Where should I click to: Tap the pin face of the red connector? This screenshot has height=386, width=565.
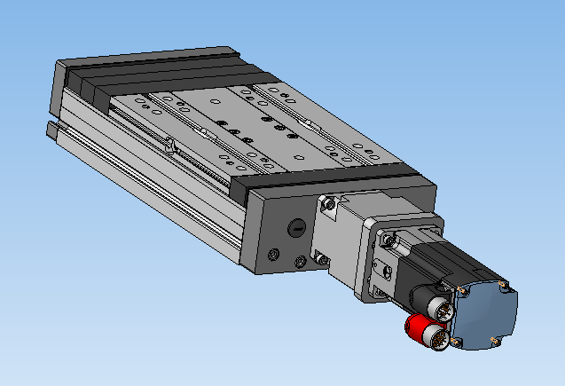coord(436,335)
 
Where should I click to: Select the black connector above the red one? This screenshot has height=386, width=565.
coord(438,307)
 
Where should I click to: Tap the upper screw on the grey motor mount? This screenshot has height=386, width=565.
coord(331,205)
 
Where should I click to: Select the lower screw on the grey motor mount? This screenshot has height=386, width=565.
coord(322,260)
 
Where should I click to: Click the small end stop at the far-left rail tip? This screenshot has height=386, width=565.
coord(52,131)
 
